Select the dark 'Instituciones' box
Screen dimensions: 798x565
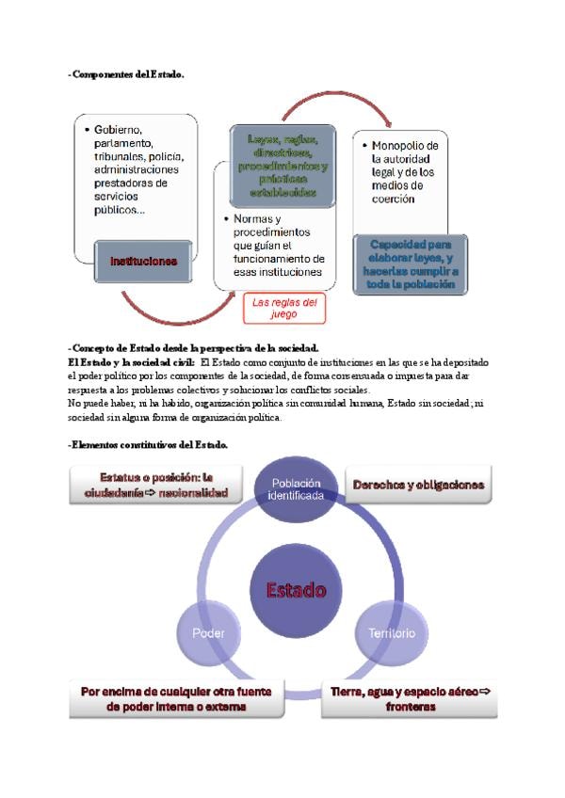143,261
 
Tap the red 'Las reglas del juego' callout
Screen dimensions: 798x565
283,308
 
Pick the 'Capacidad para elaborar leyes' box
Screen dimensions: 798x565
410,263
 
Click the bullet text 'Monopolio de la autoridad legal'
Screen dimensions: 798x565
405,172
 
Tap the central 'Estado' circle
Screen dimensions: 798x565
296,591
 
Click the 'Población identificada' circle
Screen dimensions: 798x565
296,488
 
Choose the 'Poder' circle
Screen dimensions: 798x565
208,633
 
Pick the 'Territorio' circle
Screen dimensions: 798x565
391,633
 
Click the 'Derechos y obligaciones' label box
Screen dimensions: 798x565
418,486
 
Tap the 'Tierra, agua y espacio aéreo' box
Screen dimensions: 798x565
412,698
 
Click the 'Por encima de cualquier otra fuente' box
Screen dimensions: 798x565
176,698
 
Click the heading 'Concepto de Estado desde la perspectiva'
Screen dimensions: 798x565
195,348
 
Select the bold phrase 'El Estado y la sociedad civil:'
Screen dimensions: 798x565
131,361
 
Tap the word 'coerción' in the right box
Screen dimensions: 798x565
393,199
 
